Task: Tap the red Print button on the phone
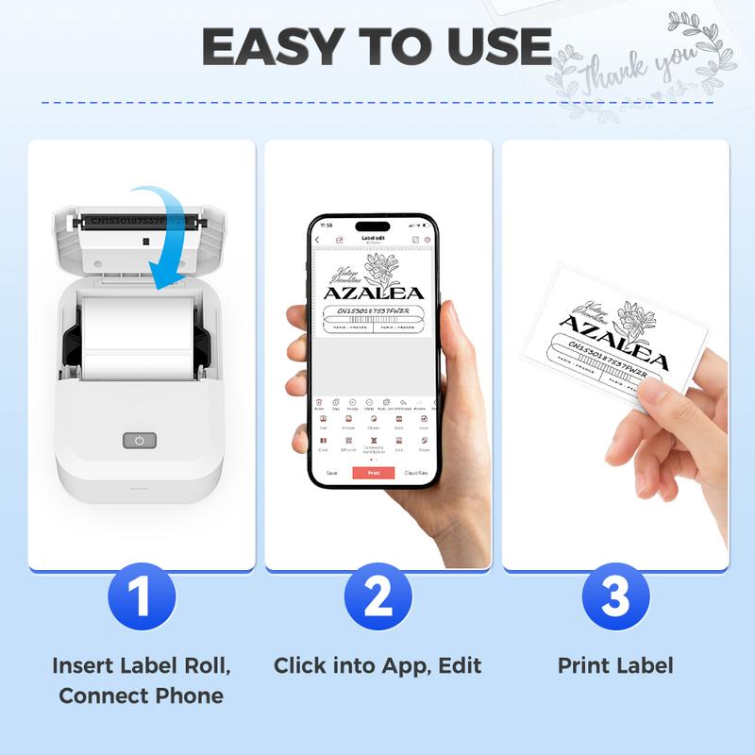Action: click(373, 472)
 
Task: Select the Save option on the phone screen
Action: click(331, 472)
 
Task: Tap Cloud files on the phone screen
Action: click(416, 472)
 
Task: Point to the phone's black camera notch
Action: click(373, 226)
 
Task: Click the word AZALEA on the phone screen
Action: click(374, 292)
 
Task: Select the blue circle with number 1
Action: click(142, 596)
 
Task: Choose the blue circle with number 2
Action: click(377, 596)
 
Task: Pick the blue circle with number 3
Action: click(615, 596)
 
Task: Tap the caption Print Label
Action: click(615, 665)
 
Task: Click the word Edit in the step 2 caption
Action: click(460, 665)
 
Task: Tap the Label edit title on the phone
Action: click(373, 239)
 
